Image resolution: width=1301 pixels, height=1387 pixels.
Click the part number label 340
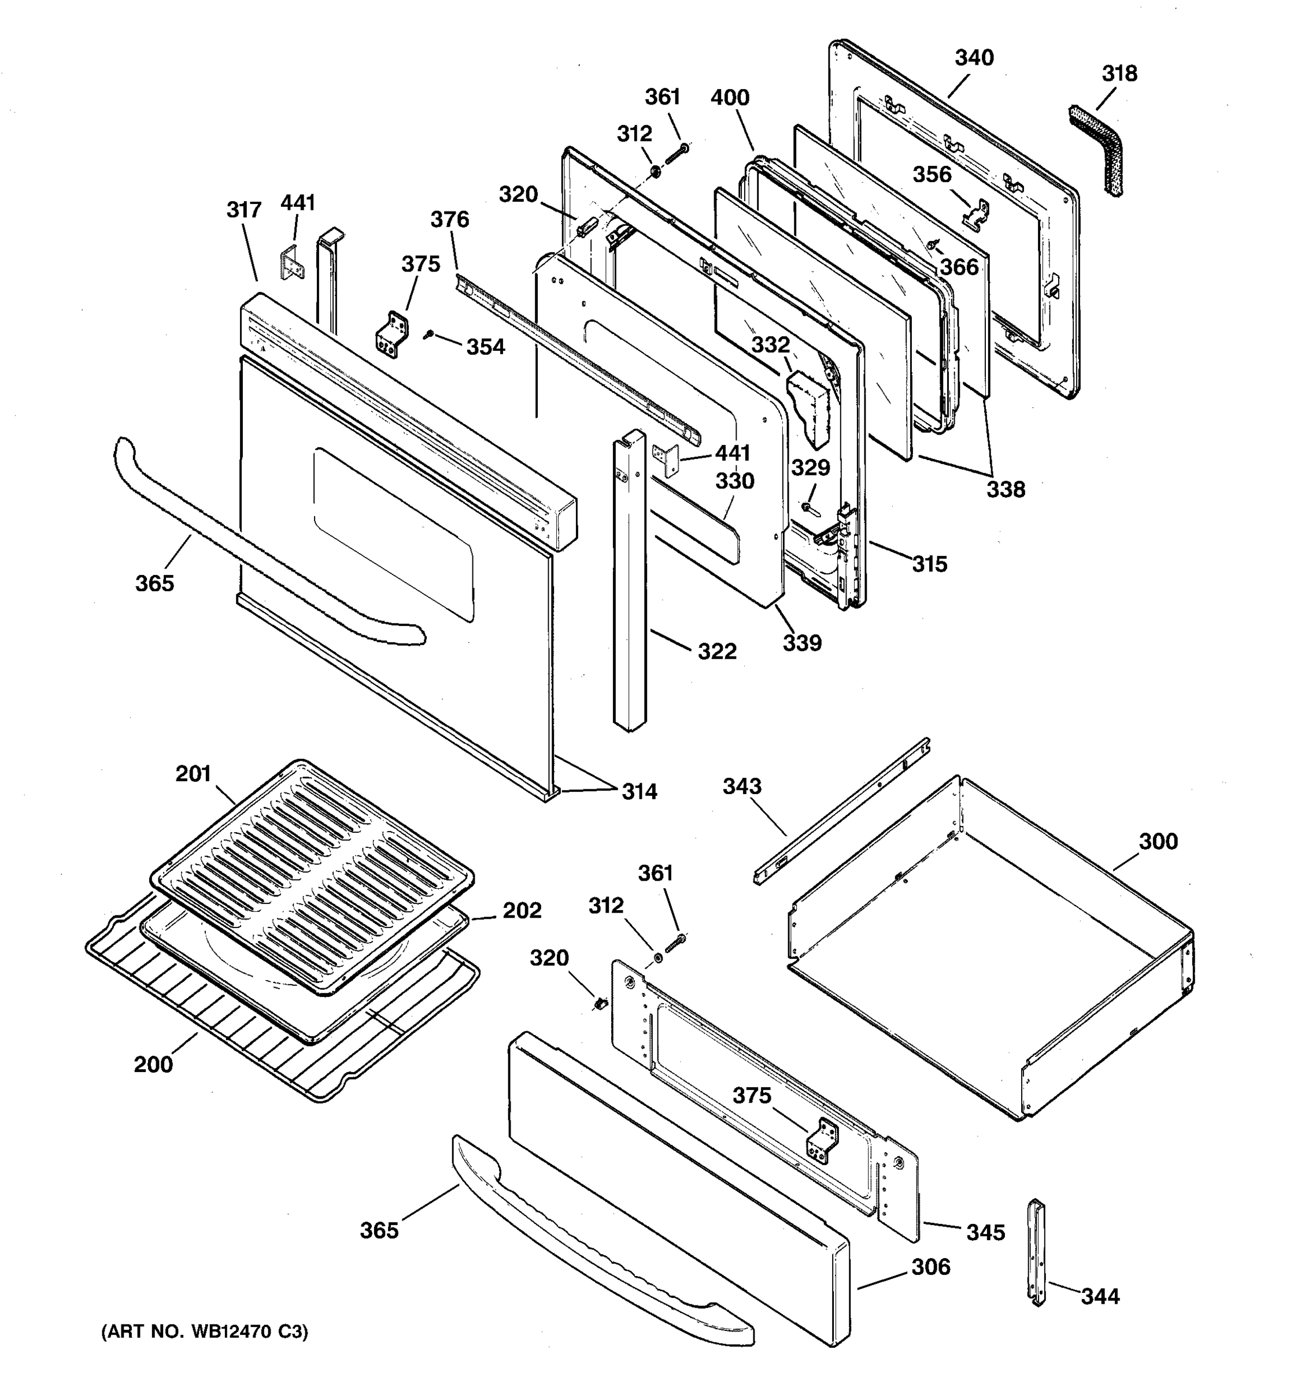[974, 58]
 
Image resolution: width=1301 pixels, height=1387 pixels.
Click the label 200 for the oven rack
[153, 1064]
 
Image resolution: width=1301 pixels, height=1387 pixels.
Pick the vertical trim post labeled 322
[630, 579]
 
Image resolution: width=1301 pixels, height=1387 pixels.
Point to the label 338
[1005, 489]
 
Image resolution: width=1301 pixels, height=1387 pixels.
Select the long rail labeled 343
[841, 813]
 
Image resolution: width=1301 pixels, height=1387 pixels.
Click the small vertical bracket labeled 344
[1037, 1252]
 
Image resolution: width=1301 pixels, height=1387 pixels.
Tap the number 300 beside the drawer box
[1158, 841]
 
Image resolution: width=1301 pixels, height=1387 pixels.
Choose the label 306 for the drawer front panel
[930, 1266]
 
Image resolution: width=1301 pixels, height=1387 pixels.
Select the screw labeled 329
[808, 507]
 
